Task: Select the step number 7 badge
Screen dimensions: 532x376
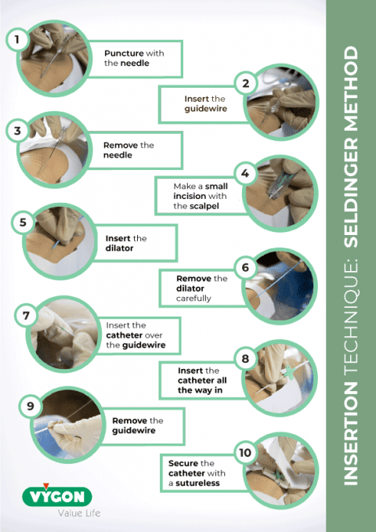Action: click(27, 317)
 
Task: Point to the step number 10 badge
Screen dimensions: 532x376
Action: click(245, 452)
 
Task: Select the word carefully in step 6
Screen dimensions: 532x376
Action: click(193, 298)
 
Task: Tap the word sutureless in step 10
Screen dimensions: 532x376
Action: click(193, 483)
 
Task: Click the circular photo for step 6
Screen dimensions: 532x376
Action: click(280, 288)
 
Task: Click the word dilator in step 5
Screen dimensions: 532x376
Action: click(119, 248)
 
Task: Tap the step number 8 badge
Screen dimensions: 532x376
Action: click(245, 360)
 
